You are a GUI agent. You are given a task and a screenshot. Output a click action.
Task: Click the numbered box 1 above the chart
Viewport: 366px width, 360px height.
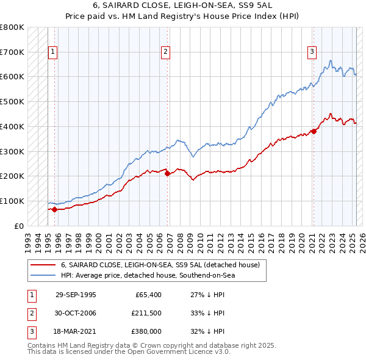(x=53, y=52)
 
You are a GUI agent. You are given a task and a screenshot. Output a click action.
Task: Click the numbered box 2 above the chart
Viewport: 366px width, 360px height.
(x=165, y=52)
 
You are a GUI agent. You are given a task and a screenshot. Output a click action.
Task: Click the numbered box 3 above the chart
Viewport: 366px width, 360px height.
(x=312, y=52)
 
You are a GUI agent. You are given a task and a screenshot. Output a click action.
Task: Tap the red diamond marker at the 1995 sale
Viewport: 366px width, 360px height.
(x=54, y=209)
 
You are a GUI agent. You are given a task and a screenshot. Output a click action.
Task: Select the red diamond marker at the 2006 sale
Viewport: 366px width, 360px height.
(x=168, y=173)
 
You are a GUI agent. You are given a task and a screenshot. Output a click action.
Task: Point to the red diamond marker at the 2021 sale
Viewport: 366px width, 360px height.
(x=314, y=131)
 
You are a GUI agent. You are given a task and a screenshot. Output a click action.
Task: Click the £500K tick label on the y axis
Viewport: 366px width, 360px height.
(x=12, y=102)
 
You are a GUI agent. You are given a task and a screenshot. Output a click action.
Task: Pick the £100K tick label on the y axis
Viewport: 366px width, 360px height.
(x=12, y=201)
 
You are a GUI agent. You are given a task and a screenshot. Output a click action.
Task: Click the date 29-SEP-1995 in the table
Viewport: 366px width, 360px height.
(x=76, y=294)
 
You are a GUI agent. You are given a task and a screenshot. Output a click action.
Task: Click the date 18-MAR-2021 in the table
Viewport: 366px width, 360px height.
(x=76, y=332)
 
